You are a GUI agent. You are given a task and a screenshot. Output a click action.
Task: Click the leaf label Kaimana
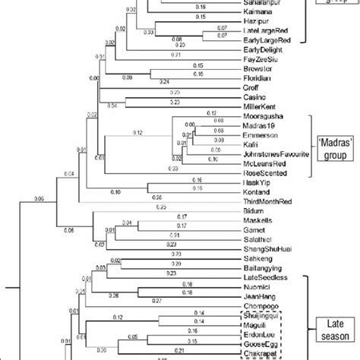point(249,14)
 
